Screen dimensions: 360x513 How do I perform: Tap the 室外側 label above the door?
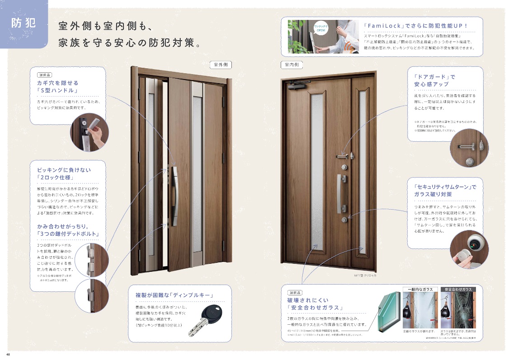221,65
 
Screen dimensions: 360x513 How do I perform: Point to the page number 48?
8,354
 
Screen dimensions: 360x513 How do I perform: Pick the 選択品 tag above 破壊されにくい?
297,292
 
